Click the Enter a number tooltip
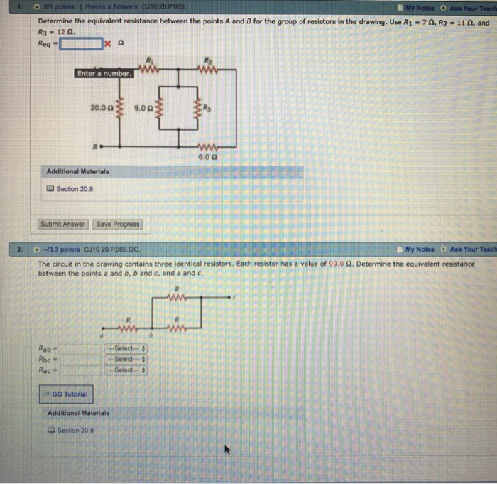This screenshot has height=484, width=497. click(x=104, y=74)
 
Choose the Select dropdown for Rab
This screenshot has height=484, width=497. click(x=127, y=348)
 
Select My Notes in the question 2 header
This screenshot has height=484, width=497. click(x=420, y=250)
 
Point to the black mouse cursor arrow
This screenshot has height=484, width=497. click(x=228, y=451)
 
